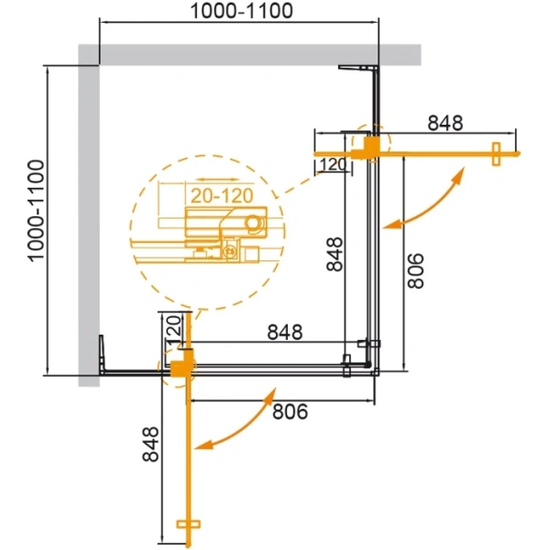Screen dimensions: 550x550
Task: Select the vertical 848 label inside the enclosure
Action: click(x=335, y=255)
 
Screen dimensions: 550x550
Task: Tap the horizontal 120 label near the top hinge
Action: click(x=330, y=165)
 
